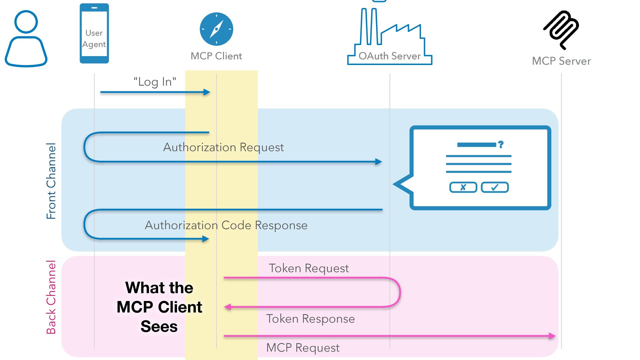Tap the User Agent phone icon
click(94, 33)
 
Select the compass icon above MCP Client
click(216, 29)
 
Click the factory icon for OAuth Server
click(389, 37)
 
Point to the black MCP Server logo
click(561, 29)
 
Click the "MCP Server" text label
click(561, 61)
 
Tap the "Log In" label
click(155, 82)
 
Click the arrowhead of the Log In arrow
click(207, 92)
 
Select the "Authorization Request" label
click(223, 147)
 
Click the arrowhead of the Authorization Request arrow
click(379, 162)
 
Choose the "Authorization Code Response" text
click(226, 225)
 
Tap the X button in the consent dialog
click(463, 187)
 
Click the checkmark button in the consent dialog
click(495, 187)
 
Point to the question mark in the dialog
click(501, 144)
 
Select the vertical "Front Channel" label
click(51, 181)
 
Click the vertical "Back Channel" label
click(51, 297)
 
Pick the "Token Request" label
click(309, 268)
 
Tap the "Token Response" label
click(310, 319)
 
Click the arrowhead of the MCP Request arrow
click(552, 336)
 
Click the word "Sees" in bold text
click(159, 326)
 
